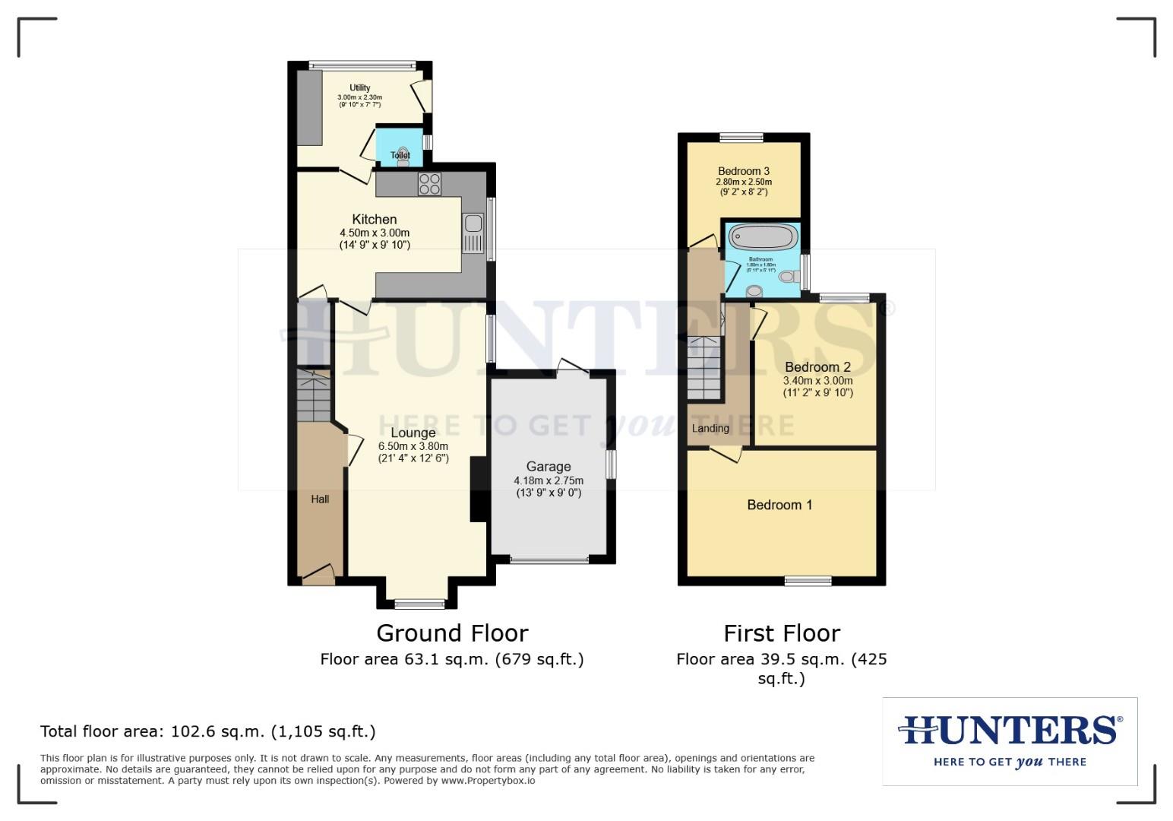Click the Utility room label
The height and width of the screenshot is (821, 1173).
coord(359,87)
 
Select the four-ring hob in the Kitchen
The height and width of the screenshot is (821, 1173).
coord(429,185)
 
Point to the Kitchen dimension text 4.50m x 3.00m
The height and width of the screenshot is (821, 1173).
coord(375,233)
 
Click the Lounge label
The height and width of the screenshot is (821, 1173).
coord(413,433)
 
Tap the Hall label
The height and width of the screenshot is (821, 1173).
coord(320,499)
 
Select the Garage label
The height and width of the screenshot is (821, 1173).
coord(549,467)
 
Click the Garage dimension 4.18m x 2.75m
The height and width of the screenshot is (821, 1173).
coord(549,480)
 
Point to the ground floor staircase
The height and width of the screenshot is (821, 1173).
coord(313,396)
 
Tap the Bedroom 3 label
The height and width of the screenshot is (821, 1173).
coord(744,171)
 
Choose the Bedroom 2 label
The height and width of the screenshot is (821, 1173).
coord(817,367)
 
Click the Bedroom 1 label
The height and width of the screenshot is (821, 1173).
coord(779,505)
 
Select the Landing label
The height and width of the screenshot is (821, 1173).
coord(710,428)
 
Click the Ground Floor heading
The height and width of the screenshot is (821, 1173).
coord(452,633)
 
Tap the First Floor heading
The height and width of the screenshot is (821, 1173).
coord(782,633)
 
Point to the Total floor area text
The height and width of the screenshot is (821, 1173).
coord(207,731)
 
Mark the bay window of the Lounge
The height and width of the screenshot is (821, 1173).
coord(419,604)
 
